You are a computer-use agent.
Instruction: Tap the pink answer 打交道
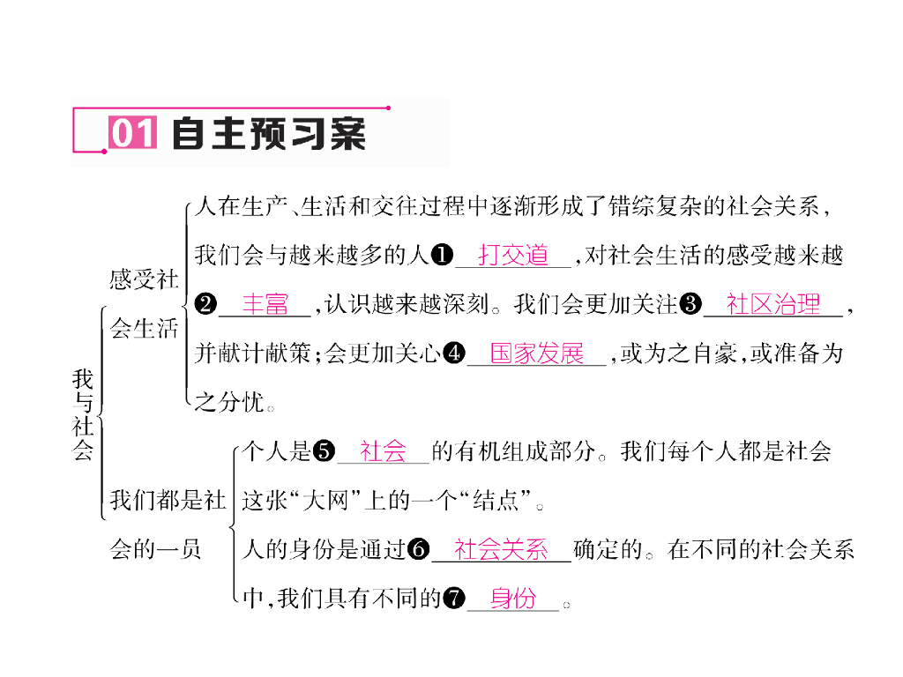513,256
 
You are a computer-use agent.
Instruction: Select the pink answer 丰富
265,304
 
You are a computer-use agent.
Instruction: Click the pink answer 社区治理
773,304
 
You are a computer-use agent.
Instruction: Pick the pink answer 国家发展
536,353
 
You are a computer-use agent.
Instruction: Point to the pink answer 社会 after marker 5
383,452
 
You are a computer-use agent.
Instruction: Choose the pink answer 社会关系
501,550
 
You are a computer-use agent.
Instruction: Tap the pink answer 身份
513,599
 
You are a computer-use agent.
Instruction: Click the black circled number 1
443,256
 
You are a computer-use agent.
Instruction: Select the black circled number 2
205,305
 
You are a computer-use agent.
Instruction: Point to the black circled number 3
691,305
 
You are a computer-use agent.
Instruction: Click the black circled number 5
325,453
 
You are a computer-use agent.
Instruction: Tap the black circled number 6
418,551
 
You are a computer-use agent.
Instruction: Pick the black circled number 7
453,599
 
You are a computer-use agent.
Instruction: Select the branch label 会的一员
155,550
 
